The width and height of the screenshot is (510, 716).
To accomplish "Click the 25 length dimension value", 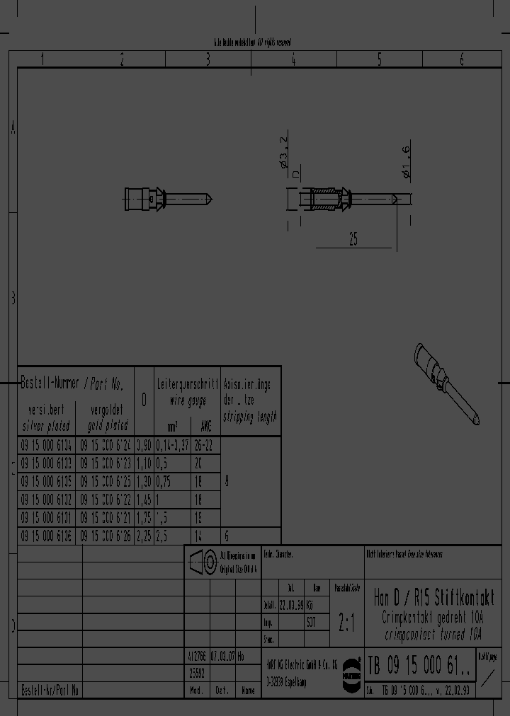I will (353, 240).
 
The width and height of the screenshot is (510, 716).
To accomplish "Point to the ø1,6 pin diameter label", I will (406, 163).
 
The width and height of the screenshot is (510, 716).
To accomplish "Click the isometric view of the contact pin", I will (448, 383).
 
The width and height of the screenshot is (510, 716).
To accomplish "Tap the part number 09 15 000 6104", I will (46, 445).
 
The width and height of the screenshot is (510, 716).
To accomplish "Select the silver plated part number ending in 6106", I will (46, 536).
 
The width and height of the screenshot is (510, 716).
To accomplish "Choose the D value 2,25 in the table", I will (143, 536).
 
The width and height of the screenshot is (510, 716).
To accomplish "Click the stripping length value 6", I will (227, 536).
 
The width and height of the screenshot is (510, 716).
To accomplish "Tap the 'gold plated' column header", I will (108, 425).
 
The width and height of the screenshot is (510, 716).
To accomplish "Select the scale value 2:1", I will (347, 623).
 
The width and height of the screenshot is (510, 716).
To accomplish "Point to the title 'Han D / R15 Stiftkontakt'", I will (433, 597).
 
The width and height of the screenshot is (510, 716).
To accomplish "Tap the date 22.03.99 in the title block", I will (291, 606).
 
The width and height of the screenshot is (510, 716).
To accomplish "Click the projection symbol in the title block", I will (205, 562).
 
